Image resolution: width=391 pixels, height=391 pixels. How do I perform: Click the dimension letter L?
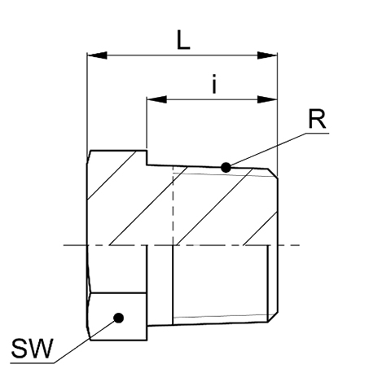(x=183, y=40)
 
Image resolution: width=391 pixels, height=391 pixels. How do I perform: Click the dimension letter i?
(x=214, y=84)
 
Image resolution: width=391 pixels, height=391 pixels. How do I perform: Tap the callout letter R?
(x=317, y=119)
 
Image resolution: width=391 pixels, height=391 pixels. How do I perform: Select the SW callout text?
(x=31, y=349)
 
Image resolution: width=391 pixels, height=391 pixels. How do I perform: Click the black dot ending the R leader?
(x=226, y=167)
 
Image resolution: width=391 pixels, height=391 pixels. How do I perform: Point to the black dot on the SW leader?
(x=119, y=318)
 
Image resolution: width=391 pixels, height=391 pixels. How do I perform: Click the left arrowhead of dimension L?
(x=97, y=55)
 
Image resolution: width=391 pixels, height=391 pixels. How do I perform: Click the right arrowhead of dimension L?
(x=267, y=55)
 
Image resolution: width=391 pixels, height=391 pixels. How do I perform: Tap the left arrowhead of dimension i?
(x=156, y=99)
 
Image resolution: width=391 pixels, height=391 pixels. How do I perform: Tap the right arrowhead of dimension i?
(x=267, y=99)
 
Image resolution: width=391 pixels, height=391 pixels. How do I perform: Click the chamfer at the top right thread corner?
(x=273, y=174)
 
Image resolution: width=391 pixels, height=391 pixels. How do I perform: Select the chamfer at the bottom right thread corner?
(x=273, y=317)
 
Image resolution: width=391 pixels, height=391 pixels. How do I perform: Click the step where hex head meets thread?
(x=147, y=157)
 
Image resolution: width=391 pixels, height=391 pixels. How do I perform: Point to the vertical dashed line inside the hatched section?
(x=173, y=205)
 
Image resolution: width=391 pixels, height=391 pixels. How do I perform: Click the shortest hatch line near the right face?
(x=261, y=228)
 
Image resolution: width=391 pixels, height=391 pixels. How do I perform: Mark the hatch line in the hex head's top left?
(x=112, y=175)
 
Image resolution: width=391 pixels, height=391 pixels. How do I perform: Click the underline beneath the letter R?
(x=317, y=133)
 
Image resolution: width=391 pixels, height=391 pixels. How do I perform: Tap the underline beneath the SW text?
(x=32, y=362)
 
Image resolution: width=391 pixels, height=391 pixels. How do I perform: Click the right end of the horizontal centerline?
(x=300, y=245)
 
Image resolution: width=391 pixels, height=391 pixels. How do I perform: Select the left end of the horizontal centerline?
(x=64, y=245)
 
